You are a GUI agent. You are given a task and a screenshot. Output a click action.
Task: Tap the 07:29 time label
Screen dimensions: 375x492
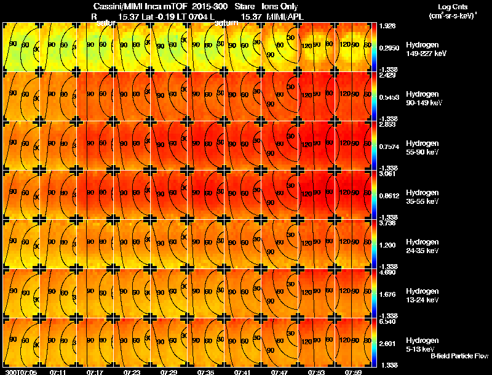(169, 372)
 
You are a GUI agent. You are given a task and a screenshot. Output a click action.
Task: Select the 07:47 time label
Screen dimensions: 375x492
(279, 372)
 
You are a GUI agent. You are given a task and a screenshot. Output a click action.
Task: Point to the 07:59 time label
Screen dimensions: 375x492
(353, 372)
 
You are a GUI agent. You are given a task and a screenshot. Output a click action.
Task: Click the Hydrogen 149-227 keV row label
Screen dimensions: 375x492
(426, 49)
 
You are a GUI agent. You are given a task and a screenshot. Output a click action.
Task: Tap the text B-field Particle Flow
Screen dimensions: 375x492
(458, 356)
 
